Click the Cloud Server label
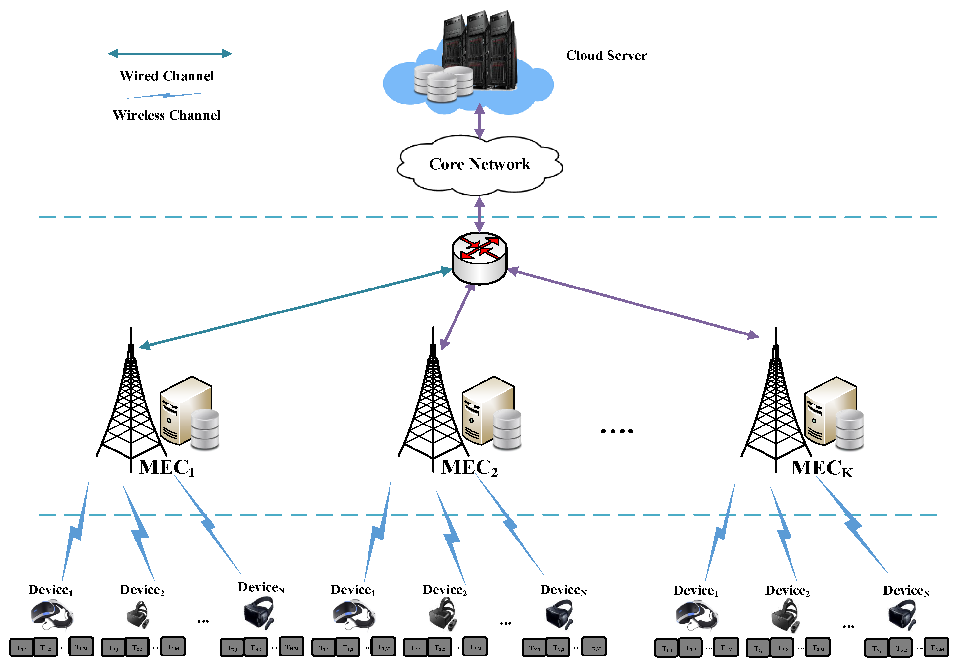606,56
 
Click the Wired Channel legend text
167,76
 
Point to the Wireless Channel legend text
167,115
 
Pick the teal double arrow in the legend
170,54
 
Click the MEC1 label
167,467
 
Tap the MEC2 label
469,467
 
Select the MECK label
822,468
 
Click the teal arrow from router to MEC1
295,309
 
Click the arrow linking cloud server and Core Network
480,121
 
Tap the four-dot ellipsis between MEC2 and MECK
617,431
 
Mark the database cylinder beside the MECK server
850,429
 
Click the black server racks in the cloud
479,50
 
